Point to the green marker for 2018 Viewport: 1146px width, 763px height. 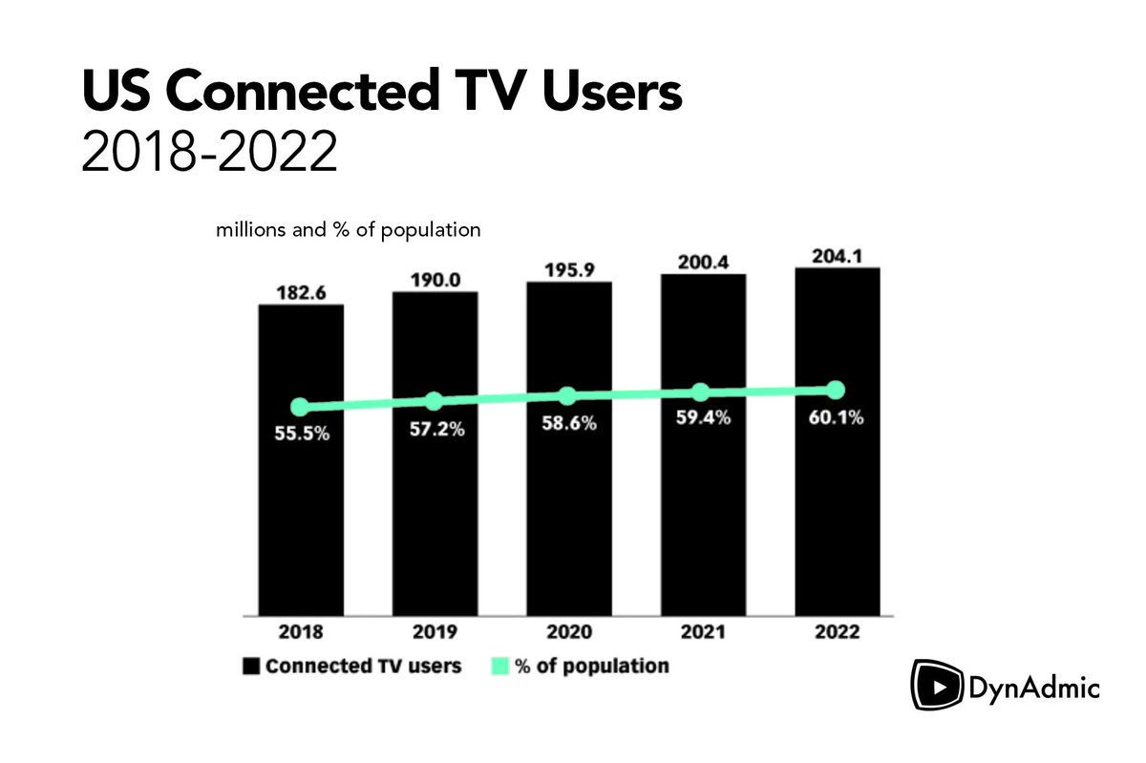tap(301, 407)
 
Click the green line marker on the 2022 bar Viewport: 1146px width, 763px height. tap(836, 390)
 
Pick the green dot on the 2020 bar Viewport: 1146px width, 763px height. tap(567, 396)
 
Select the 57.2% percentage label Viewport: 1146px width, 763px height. tap(435, 429)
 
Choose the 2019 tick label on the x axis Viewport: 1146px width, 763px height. tap(435, 633)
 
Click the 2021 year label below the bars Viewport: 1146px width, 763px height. tap(703, 633)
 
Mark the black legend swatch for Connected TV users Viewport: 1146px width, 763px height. tap(250, 667)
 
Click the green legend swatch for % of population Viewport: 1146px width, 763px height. tap(500, 667)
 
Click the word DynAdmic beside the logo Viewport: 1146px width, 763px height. tap(1035, 688)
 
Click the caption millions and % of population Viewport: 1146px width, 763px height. tap(348, 230)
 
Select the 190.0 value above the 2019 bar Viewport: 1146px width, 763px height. tap(435, 280)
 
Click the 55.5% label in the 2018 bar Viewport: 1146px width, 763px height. tap(303, 434)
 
